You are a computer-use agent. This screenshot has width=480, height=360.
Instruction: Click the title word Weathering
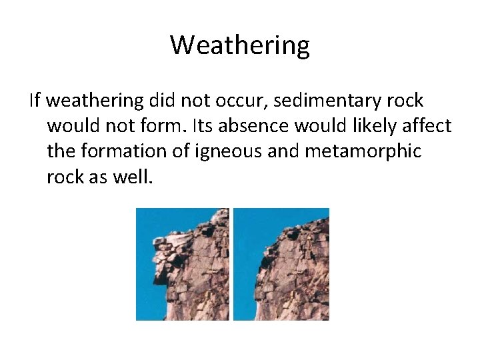[x=240, y=45]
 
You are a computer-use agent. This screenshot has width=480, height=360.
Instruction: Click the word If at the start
[x=35, y=101]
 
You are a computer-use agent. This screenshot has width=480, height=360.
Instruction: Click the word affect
[x=429, y=126]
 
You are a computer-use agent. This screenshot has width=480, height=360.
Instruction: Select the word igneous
[x=224, y=151]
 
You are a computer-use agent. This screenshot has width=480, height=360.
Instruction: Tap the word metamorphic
[x=363, y=151]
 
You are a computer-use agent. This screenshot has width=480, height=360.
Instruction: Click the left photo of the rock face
[x=182, y=264]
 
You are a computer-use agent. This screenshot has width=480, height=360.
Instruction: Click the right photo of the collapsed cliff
[x=281, y=264]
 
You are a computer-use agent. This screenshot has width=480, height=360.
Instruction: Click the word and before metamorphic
[x=285, y=151]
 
